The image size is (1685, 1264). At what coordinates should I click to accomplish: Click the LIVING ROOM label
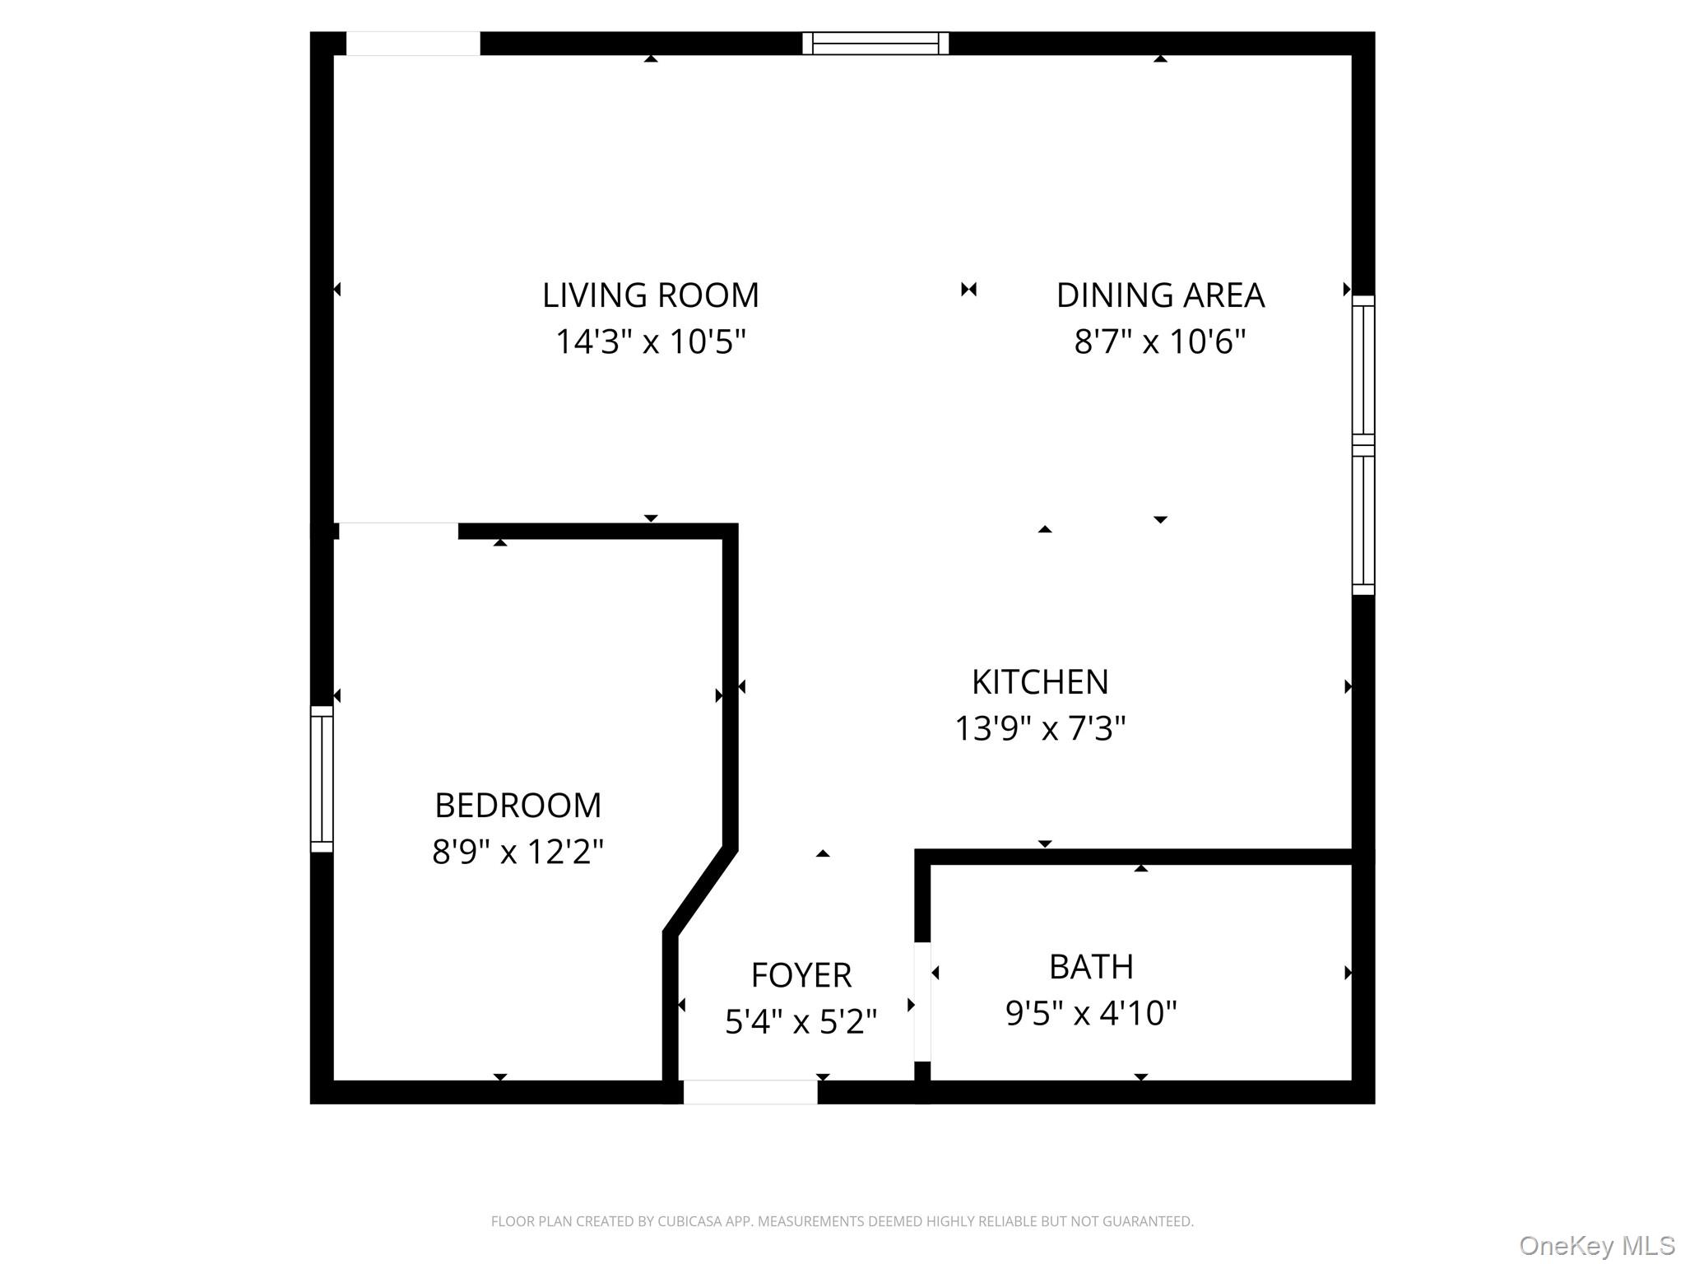(650, 295)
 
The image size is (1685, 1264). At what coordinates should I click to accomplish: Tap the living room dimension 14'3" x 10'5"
(650, 342)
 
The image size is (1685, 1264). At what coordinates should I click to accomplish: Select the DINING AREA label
(1159, 295)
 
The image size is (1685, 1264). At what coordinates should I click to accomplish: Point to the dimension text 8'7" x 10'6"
(1159, 342)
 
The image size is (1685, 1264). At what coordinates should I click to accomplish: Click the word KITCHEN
(1040, 682)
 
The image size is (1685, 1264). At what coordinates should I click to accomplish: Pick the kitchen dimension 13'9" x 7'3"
(1040, 728)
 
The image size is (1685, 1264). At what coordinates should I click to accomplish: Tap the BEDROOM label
(518, 806)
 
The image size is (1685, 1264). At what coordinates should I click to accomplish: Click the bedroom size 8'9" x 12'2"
(518, 852)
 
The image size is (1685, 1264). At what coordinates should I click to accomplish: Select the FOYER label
(801, 975)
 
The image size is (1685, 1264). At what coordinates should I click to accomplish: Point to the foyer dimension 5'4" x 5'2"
(801, 1022)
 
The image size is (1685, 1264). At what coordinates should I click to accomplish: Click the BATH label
(1091, 967)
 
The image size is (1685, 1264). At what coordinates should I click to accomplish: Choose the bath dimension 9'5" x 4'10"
(1091, 1013)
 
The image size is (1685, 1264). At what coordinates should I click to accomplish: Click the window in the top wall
(875, 44)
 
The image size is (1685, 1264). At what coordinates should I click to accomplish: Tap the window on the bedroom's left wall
(322, 778)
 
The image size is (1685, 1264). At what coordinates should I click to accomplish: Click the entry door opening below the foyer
(750, 1092)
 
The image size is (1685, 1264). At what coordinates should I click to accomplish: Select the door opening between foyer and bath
(922, 1001)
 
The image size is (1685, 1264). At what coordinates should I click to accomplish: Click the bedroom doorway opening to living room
(398, 530)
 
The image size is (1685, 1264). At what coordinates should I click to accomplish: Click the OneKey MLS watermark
(1597, 1246)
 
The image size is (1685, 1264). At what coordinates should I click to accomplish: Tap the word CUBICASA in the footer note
(689, 1222)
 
